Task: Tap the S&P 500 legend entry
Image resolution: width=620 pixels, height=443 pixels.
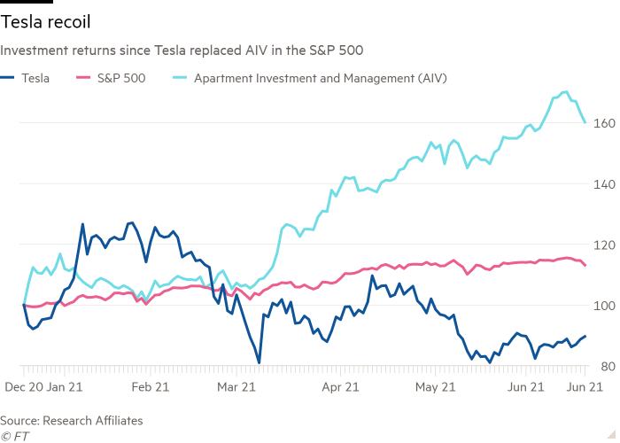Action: (114, 78)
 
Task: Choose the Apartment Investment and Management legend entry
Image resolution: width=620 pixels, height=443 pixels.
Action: (315, 78)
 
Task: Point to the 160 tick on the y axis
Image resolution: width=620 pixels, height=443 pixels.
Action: (603, 123)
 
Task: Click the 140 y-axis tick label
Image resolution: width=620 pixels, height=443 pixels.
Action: (603, 184)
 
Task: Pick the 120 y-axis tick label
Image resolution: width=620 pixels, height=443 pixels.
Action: (603, 245)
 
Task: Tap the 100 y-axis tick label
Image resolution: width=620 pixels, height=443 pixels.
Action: (603, 306)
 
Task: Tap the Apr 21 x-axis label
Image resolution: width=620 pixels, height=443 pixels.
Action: (340, 387)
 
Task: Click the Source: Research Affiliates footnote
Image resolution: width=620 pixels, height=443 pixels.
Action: (72, 421)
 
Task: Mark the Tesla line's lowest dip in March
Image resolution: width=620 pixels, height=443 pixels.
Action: (259, 361)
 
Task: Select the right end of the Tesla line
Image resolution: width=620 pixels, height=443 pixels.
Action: (585, 336)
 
